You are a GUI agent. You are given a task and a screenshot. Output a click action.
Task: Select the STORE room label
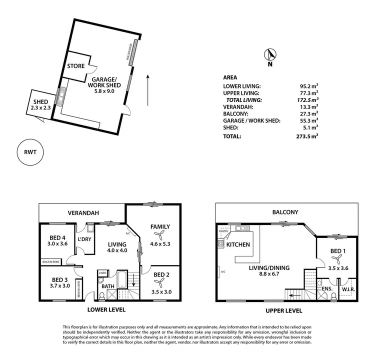(75, 65)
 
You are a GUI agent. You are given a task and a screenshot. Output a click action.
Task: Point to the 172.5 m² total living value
(308, 100)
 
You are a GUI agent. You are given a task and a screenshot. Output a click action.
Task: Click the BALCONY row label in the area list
(235, 113)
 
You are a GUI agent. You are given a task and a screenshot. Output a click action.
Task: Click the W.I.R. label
(348, 289)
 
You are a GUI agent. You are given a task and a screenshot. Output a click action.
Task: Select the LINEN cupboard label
(102, 272)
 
